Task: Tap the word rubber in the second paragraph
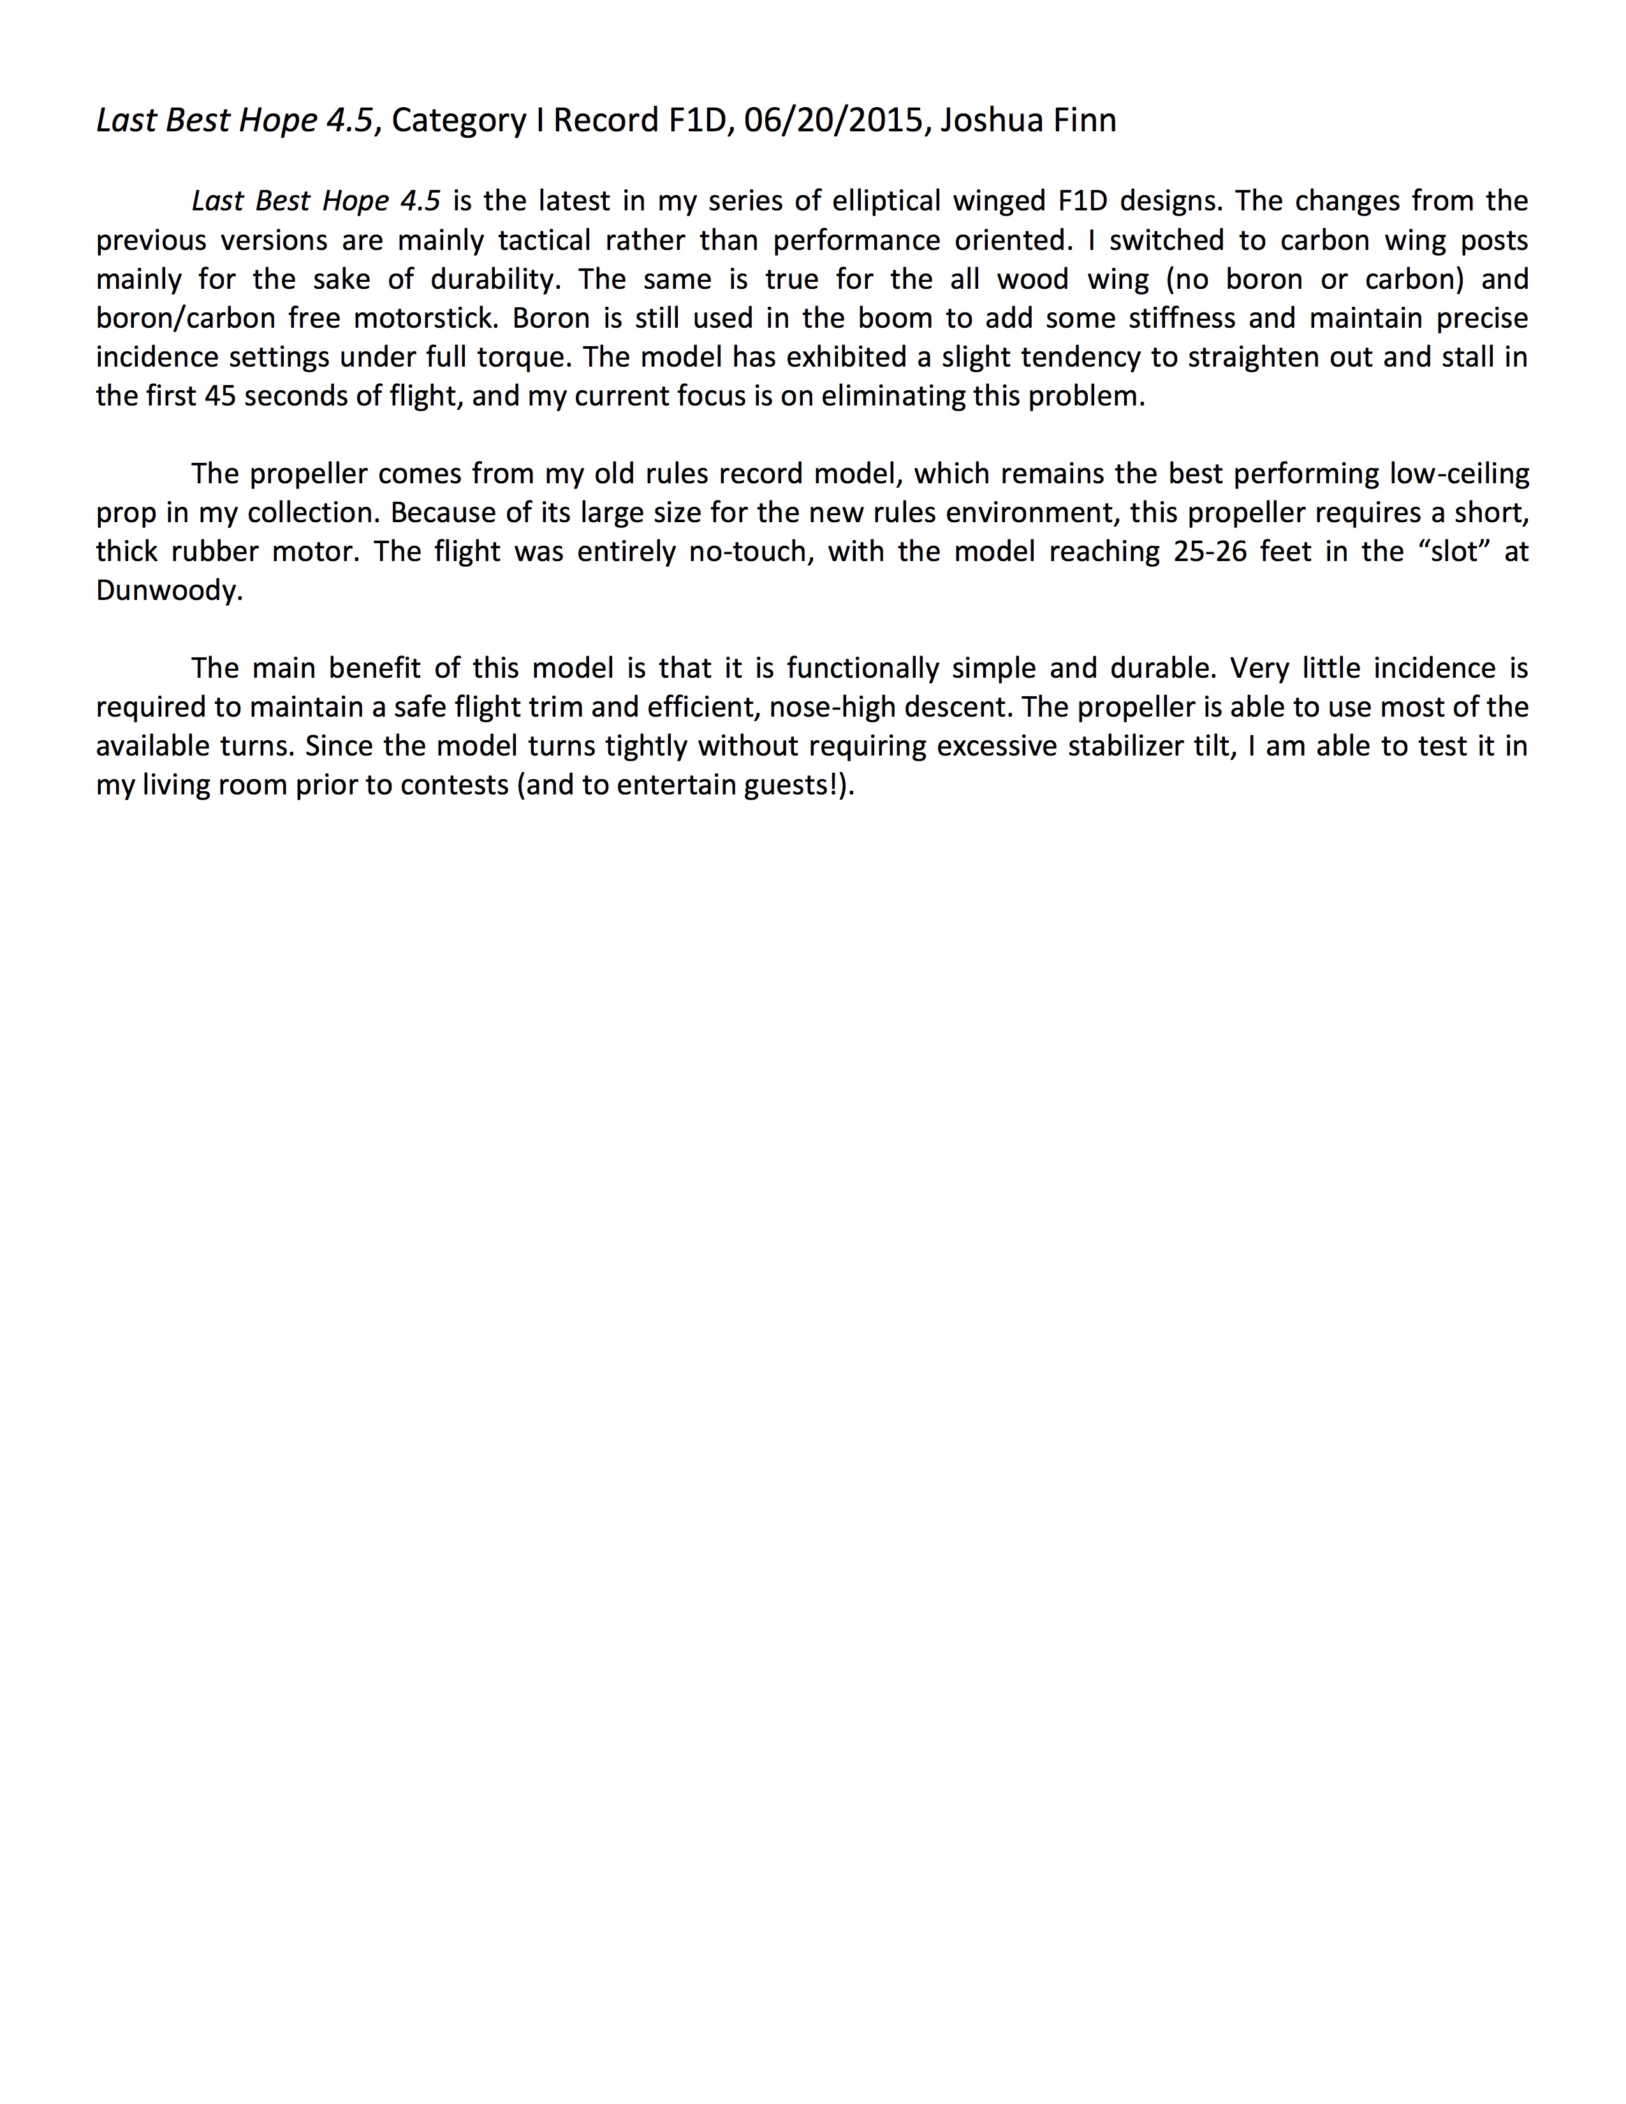tap(214, 552)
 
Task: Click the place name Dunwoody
tap(168, 590)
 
